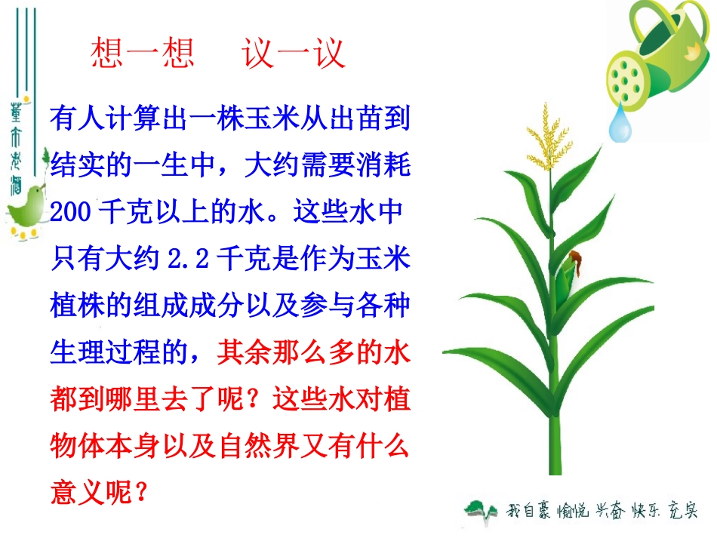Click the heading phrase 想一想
[143, 54]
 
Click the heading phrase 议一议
[294, 54]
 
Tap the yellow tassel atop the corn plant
[549, 136]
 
